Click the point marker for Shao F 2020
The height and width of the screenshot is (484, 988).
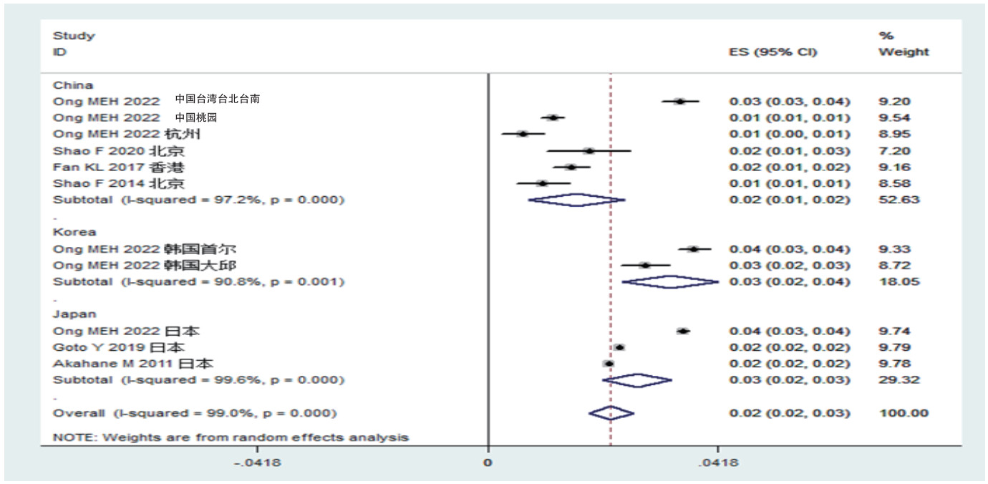tap(589, 150)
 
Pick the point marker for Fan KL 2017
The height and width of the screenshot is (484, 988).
tap(571, 167)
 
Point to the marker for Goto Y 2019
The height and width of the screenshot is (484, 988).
tap(619, 347)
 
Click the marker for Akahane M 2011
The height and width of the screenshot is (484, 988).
tap(609, 364)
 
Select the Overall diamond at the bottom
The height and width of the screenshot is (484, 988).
tap(611, 413)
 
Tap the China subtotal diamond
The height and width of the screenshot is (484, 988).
tap(576, 200)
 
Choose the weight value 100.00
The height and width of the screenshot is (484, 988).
tap(903, 413)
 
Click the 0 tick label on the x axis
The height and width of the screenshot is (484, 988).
tap(488, 463)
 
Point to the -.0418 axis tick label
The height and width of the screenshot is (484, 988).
tap(258, 463)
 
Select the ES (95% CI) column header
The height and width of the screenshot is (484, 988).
tap(773, 52)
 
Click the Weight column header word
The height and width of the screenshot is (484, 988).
tap(903, 52)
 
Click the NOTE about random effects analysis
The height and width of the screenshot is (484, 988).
tap(231, 437)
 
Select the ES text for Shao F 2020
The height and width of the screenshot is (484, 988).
tap(789, 150)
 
